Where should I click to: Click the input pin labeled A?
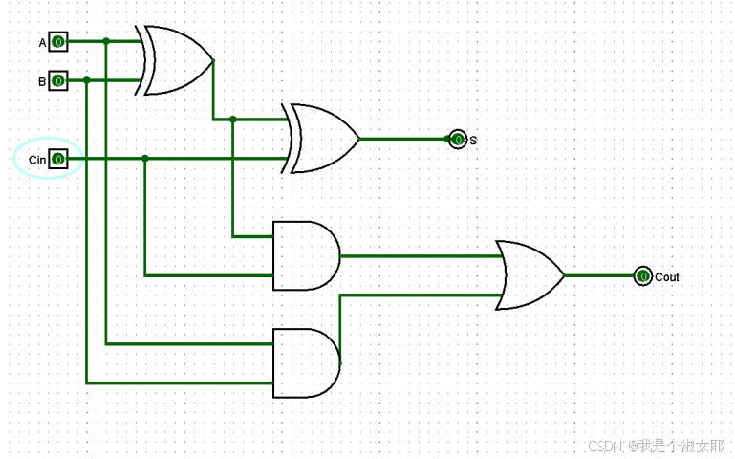pos(58,42)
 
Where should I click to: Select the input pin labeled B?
pos(58,81)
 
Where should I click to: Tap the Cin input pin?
pos(58,159)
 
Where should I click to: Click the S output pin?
pos(458,140)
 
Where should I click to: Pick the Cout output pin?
pos(643,276)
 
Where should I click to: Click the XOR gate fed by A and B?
pos(178,61)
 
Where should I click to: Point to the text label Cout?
pos(667,277)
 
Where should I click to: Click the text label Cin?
pos(36,160)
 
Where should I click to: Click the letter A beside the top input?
pos(42,43)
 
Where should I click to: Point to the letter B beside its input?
pos(42,82)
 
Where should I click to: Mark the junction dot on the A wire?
pos(106,41)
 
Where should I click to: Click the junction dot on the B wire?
pos(87,80)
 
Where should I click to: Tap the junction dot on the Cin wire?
pos(144,158)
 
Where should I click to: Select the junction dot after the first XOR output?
pos(232,120)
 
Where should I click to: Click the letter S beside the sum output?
pos(473,141)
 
